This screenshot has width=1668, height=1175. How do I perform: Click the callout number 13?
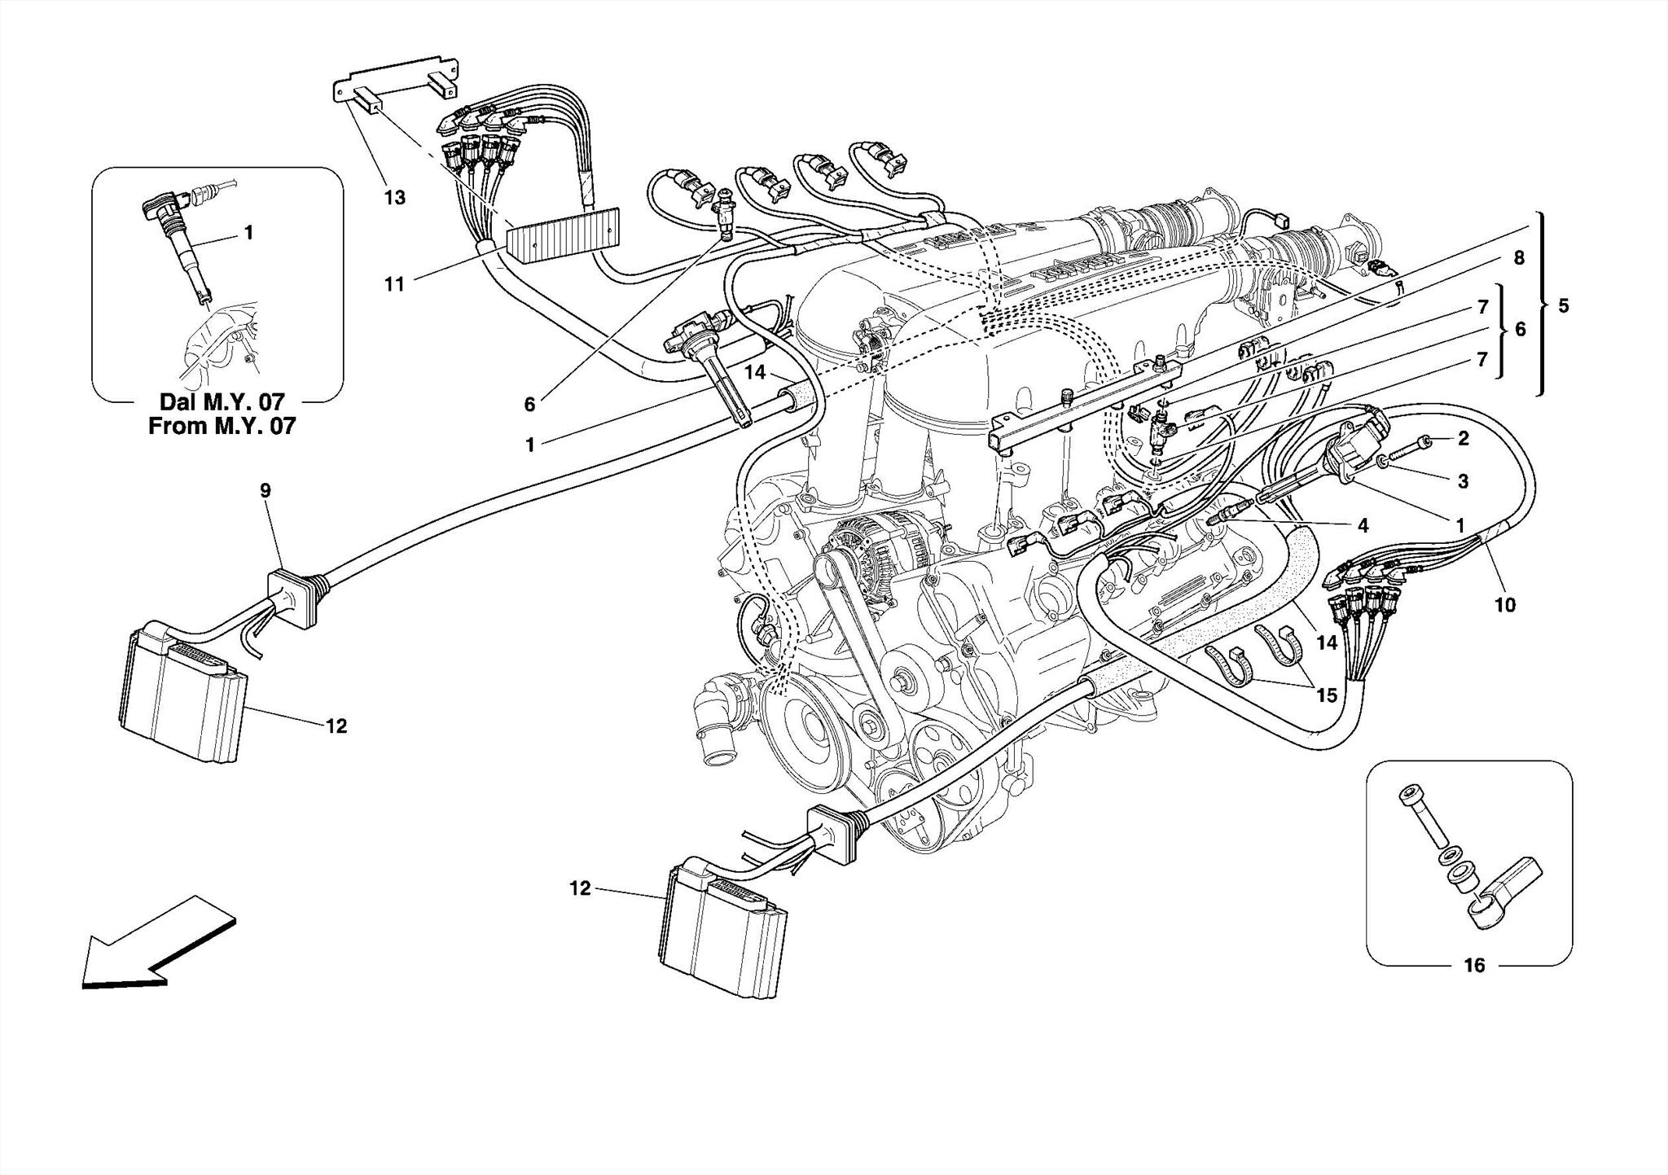tap(394, 198)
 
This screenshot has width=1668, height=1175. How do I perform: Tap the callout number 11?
tap(394, 284)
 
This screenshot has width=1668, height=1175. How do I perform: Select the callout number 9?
tap(266, 490)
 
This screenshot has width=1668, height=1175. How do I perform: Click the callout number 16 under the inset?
tap(1474, 966)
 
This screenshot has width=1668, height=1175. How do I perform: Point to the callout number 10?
tap(1504, 605)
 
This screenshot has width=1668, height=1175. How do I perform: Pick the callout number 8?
tap(1519, 259)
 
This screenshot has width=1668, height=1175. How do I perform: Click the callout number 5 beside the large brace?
tap(1563, 306)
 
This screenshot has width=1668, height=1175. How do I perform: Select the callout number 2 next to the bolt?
tap(1463, 439)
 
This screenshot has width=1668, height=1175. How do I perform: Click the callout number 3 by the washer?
tap(1463, 481)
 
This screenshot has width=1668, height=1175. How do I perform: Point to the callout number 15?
tap(1327, 695)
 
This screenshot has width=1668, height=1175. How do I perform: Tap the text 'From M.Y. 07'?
tap(222, 426)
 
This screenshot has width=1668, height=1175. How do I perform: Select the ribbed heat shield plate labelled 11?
tap(562, 236)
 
